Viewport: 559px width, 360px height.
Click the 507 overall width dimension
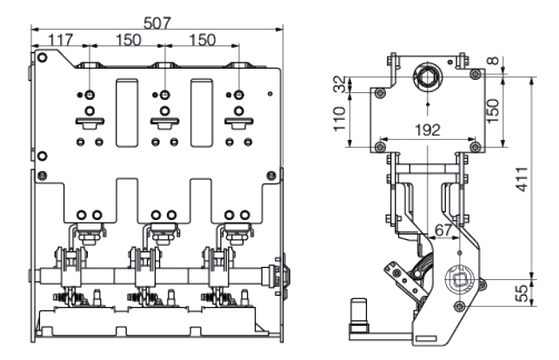(x=156, y=23)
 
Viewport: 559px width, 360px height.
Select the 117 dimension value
(x=61, y=39)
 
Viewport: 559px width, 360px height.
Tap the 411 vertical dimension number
(x=522, y=179)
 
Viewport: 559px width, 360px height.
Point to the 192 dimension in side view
(x=428, y=130)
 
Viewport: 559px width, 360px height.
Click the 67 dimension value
(x=443, y=230)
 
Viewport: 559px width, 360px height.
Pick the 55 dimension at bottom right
(x=522, y=293)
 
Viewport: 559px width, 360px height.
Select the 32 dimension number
(x=340, y=84)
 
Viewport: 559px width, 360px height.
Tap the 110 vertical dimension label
(x=340, y=118)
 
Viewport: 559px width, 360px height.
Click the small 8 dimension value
(x=494, y=61)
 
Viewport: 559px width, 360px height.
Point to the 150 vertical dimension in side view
(x=492, y=111)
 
